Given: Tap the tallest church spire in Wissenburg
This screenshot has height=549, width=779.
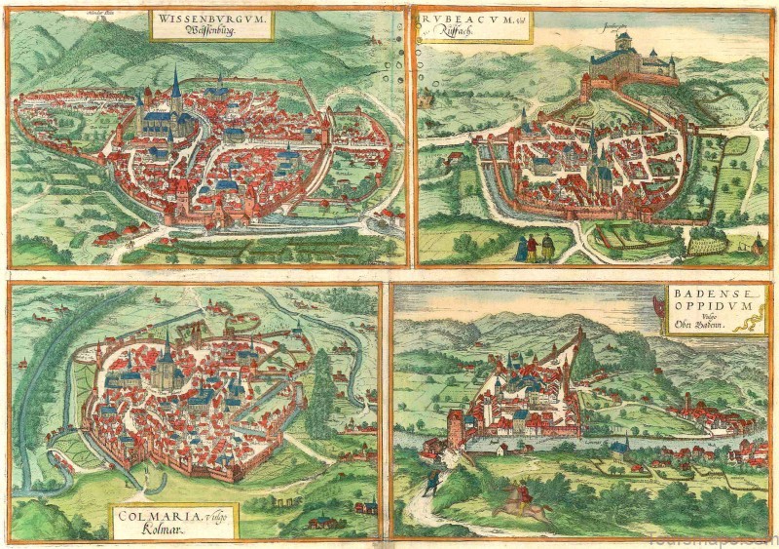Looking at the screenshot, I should pyautogui.click(x=175, y=93).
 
